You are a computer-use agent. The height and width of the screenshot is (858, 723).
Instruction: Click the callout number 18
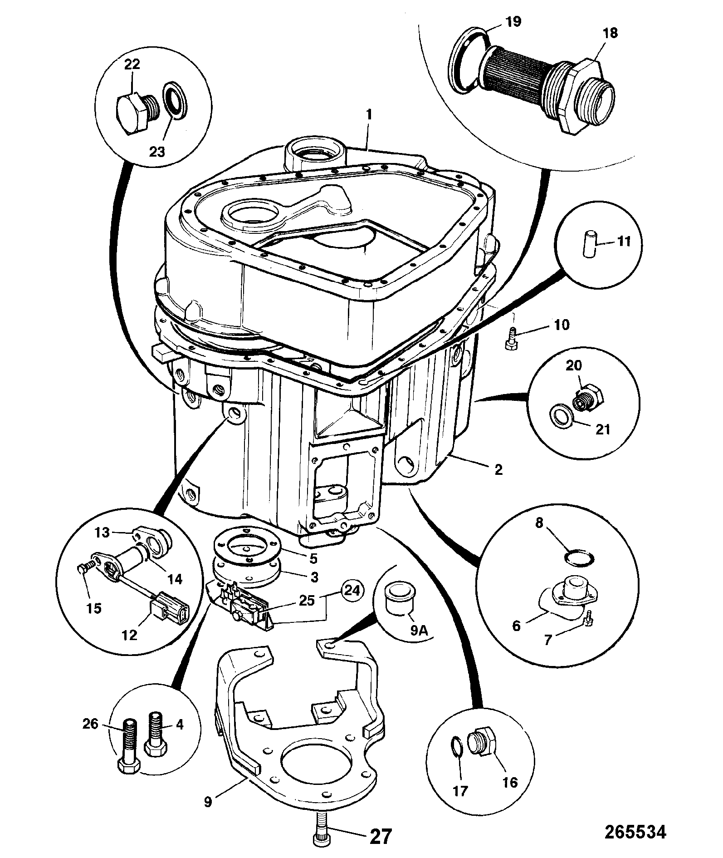(x=611, y=33)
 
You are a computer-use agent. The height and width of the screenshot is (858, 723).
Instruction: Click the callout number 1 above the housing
(x=369, y=115)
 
